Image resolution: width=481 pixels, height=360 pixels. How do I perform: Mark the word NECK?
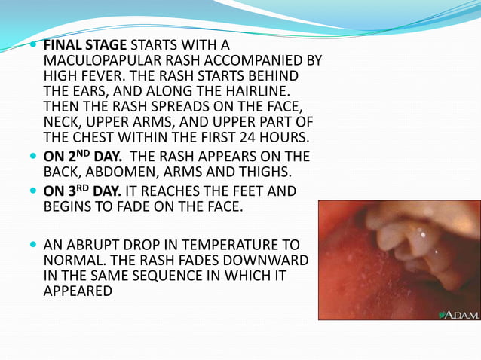click(x=61, y=122)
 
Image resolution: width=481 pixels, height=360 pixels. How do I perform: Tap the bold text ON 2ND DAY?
click(x=84, y=156)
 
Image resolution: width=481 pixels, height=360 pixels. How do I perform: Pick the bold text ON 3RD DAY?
click(x=84, y=191)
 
